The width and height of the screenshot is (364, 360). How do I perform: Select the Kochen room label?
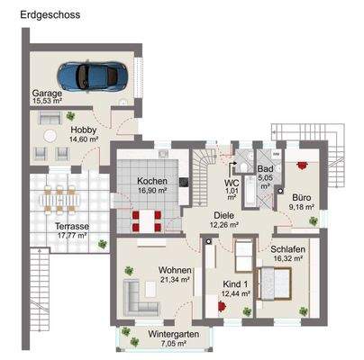point(152,181)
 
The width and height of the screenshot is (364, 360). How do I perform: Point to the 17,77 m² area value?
point(70,236)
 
